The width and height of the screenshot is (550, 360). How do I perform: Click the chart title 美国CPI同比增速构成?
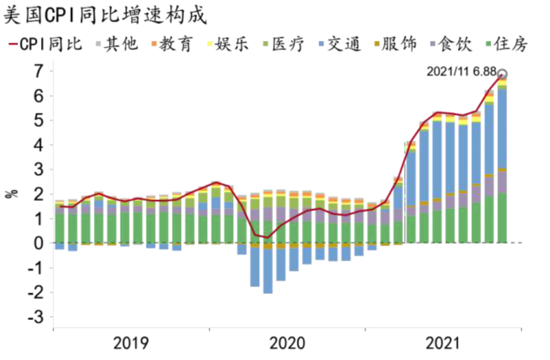click(x=105, y=16)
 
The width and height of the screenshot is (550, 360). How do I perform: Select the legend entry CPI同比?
click(x=46, y=44)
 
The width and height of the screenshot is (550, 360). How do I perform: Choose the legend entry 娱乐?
click(x=232, y=44)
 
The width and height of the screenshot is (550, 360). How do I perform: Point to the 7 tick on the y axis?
click(x=39, y=71)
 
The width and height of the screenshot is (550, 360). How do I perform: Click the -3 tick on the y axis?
click(x=36, y=317)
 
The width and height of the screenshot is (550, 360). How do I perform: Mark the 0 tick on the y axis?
click(x=39, y=243)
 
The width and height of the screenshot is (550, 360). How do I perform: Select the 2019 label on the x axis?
click(x=131, y=343)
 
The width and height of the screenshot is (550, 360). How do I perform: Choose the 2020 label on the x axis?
click(x=287, y=343)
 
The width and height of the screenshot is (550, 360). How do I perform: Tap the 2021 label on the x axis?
click(x=443, y=343)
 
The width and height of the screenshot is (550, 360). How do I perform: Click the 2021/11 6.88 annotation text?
click(x=461, y=72)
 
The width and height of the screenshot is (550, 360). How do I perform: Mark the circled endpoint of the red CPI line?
click(x=502, y=74)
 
